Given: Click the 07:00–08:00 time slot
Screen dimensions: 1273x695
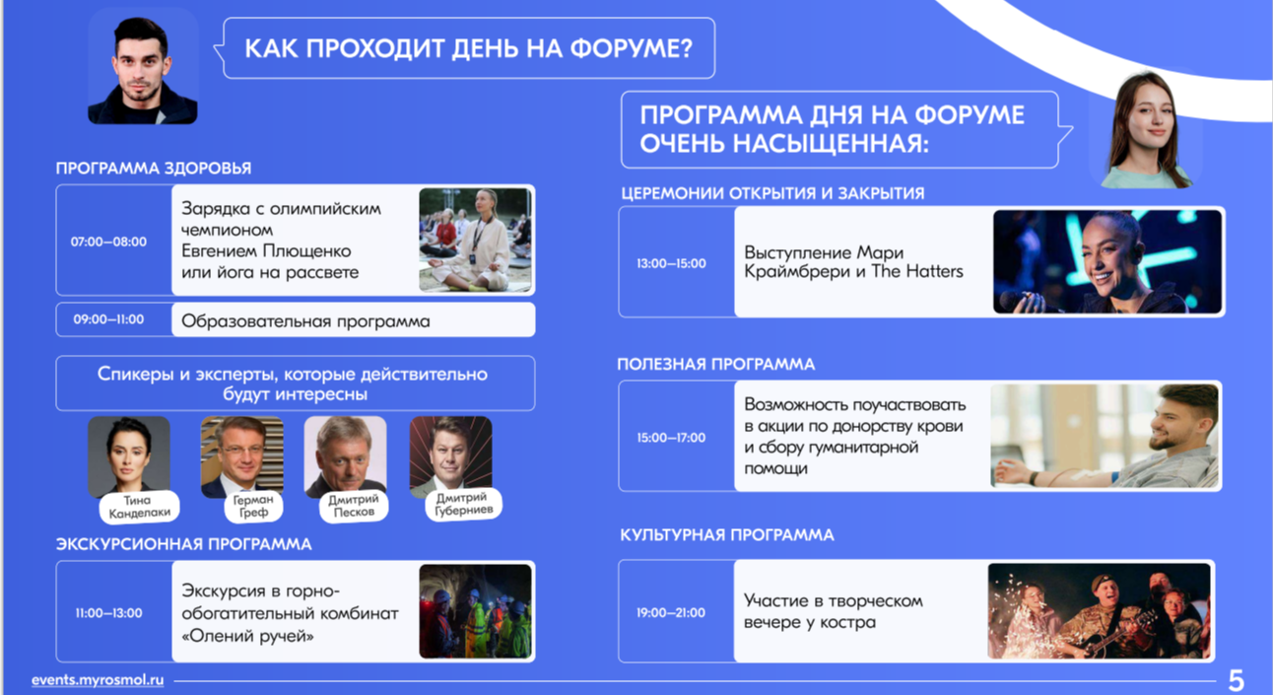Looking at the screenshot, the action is click(108, 242).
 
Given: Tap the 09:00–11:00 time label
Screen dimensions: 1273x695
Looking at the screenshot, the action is click(108, 319).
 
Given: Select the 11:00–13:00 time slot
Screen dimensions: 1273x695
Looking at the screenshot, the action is click(108, 613).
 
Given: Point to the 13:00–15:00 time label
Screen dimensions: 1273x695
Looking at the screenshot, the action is click(671, 263).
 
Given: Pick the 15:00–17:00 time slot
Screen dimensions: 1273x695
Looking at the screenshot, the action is click(671, 438).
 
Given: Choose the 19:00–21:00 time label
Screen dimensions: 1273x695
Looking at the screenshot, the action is click(671, 612).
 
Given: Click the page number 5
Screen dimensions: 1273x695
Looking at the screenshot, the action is click(1237, 680).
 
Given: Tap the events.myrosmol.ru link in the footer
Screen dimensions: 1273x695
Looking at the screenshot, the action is click(98, 679).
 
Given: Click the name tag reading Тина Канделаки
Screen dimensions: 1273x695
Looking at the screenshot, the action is click(139, 507).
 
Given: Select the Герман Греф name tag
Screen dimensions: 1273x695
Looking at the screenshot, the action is click(253, 506).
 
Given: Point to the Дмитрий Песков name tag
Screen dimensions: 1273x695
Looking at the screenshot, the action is click(354, 505).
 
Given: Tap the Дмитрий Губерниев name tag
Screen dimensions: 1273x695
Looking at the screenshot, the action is click(463, 504).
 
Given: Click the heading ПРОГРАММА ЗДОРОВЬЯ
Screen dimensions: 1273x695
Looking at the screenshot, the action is click(154, 169).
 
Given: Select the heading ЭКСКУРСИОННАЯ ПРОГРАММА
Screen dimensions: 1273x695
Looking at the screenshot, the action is click(183, 544).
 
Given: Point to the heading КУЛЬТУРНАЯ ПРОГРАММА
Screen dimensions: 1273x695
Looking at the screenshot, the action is click(727, 535).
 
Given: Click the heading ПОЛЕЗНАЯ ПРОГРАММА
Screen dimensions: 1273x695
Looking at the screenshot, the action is click(716, 364).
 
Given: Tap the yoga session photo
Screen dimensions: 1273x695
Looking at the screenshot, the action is click(475, 240).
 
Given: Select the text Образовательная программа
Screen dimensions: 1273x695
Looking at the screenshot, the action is click(305, 321).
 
